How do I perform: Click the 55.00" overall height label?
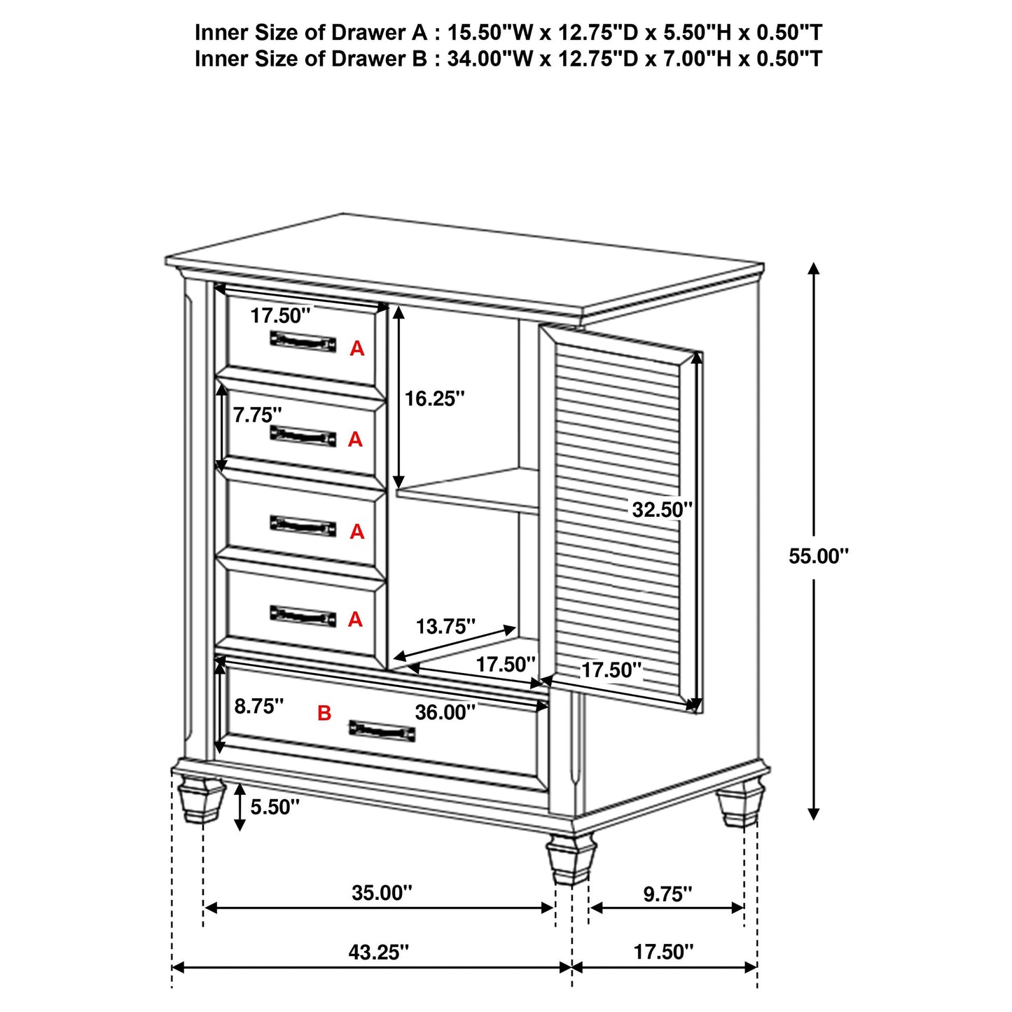click(818, 556)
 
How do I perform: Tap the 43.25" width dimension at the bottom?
click(378, 952)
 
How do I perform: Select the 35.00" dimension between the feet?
click(382, 893)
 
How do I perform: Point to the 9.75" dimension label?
click(667, 894)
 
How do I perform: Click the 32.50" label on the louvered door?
click(662, 509)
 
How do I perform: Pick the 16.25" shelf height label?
click(434, 398)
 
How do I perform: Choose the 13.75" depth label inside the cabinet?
click(445, 626)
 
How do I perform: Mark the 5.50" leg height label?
click(275, 807)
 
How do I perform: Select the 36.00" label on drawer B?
click(445, 712)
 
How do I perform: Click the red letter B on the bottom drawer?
click(324, 714)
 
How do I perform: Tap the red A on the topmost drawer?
click(357, 348)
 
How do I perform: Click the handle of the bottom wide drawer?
click(382, 731)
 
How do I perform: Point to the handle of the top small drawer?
click(303, 341)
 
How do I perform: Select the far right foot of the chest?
click(740, 805)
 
